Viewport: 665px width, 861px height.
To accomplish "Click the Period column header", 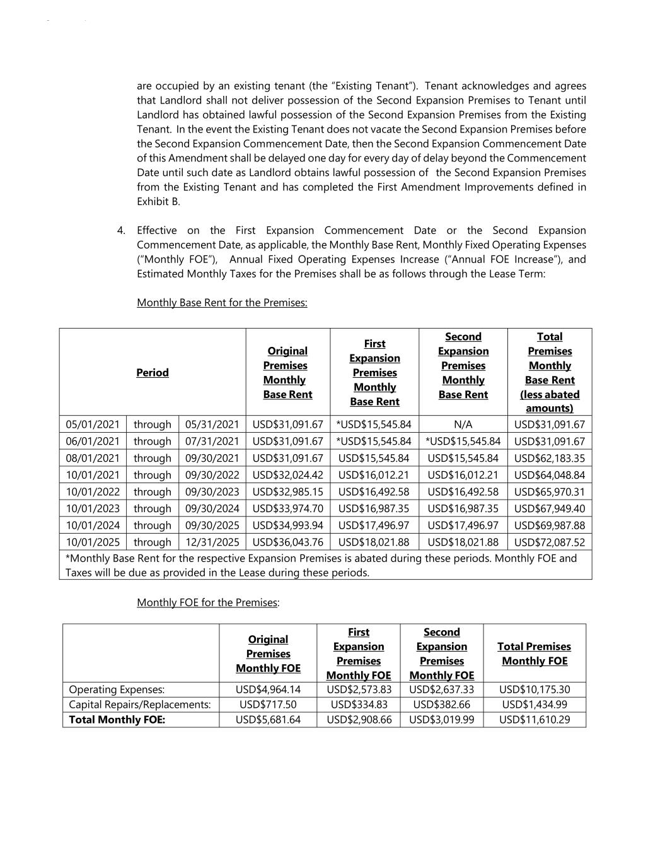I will tap(153, 373).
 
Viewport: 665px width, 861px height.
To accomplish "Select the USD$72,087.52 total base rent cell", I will tap(550, 542).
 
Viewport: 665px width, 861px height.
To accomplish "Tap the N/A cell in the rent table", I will tap(463, 425).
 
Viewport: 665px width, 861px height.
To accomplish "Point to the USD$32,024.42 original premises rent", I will tap(287, 475).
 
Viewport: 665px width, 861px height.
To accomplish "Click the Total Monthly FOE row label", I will tap(117, 719).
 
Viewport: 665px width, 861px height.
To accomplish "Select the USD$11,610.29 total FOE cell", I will tap(535, 719).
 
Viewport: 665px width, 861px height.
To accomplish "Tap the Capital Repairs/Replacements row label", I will tap(139, 705).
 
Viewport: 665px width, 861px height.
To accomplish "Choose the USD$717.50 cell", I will tap(268, 705).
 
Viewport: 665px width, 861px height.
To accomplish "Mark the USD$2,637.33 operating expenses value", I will tap(441, 689).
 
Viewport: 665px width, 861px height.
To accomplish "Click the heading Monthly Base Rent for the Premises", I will tap(222, 303).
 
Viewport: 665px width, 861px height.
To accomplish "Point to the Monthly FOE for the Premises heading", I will tap(207, 602).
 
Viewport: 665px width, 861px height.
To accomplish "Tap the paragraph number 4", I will tap(120, 231).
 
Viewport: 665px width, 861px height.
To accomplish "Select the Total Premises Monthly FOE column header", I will tap(535, 653).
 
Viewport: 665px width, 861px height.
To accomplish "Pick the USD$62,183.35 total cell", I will tap(550, 458).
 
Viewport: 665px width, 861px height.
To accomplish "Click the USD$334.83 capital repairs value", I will tap(358, 705).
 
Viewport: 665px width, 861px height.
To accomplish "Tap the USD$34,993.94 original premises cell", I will tap(287, 525).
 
